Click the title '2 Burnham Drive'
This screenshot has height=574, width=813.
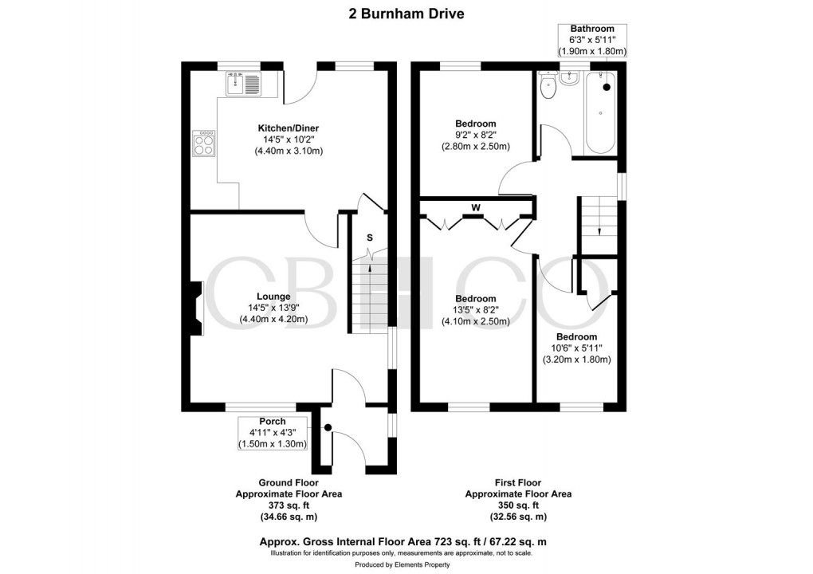(x=406, y=13)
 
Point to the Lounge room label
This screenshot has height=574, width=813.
(x=273, y=297)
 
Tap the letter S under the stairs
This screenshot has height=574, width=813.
(x=370, y=238)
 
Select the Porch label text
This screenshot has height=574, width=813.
(x=273, y=421)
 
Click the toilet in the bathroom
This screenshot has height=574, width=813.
(x=548, y=85)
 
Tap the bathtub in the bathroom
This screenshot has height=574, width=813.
(x=600, y=113)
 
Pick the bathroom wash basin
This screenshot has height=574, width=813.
(x=571, y=78)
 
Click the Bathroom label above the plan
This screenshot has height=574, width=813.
(x=593, y=29)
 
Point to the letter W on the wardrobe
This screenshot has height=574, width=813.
(x=476, y=209)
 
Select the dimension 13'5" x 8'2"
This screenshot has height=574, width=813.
(x=475, y=311)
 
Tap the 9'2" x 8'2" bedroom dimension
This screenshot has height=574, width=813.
(x=475, y=136)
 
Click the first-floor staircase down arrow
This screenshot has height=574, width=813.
(x=597, y=230)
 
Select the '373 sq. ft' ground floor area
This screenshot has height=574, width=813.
(x=289, y=505)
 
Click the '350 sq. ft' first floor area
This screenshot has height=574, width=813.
(x=518, y=505)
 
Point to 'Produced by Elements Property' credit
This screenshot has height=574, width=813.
(x=406, y=564)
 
